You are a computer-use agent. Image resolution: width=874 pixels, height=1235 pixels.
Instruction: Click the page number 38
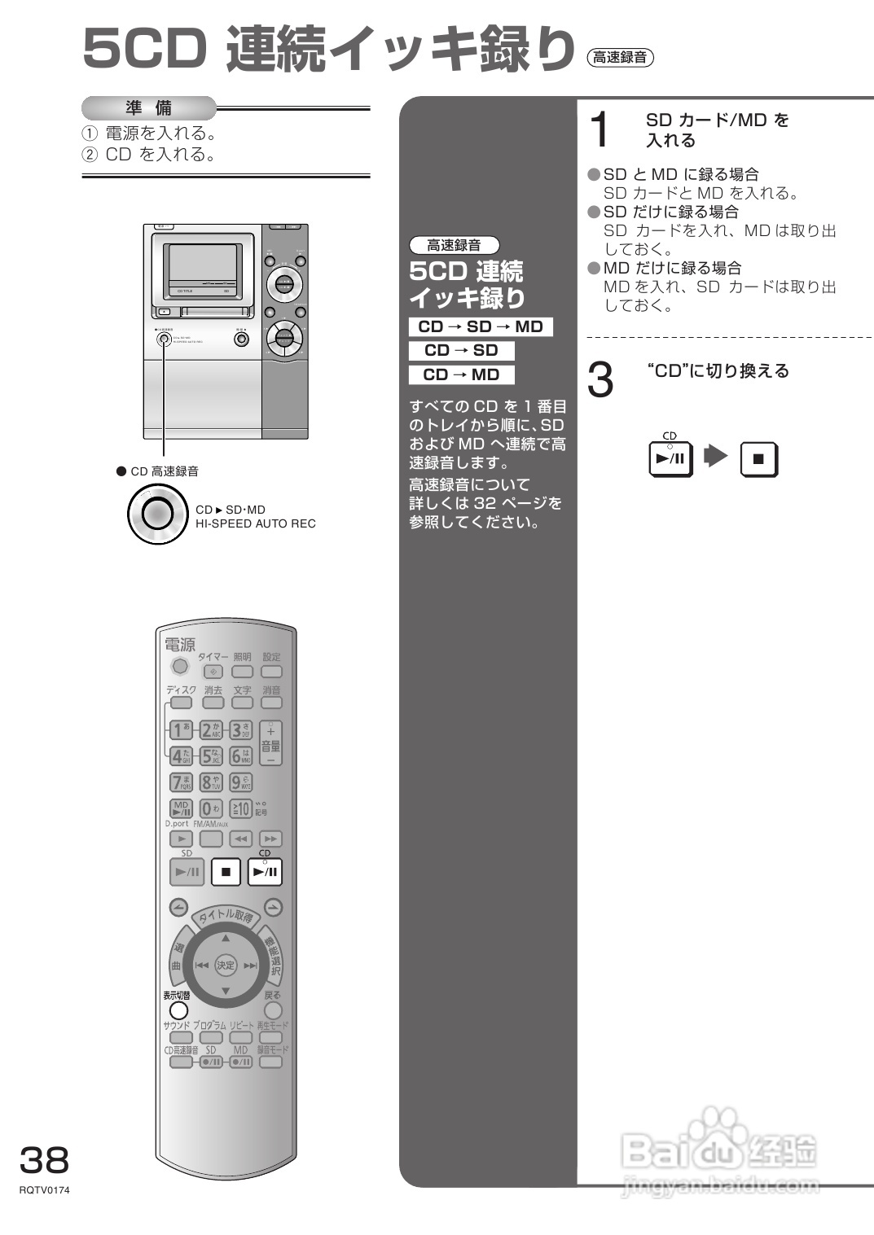tap(45, 1160)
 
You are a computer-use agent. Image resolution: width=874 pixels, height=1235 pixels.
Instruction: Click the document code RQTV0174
tap(45, 1190)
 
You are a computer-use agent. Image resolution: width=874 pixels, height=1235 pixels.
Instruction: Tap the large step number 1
tap(600, 130)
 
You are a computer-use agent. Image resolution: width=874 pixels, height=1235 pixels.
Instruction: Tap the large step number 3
tap(600, 380)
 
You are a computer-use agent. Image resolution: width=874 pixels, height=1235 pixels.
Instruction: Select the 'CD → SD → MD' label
tap(481, 326)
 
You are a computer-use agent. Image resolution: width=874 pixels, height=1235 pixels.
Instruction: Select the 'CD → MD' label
tap(461, 374)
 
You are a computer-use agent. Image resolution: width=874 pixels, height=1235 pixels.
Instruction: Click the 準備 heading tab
tap(149, 108)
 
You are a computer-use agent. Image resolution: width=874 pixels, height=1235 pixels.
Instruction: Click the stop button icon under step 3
tap(758, 458)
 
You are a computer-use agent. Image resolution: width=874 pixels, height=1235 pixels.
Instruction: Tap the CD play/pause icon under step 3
tap(670, 458)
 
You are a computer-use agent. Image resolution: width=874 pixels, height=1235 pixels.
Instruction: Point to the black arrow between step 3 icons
tap(715, 456)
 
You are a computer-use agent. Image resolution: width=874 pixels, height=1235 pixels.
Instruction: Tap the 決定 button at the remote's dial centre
tap(226, 966)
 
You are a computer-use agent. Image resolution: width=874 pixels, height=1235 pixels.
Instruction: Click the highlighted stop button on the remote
tap(226, 872)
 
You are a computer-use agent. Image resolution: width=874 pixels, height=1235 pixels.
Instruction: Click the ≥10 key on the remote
tap(240, 808)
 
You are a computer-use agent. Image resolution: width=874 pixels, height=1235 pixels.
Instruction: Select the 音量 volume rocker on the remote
tap(270, 744)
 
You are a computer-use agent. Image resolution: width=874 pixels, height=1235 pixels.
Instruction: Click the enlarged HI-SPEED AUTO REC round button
tap(157, 514)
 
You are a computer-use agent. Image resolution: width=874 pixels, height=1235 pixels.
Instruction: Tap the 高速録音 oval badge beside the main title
tap(620, 57)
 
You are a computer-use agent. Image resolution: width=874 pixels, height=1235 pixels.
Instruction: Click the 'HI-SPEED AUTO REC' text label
tap(255, 523)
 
